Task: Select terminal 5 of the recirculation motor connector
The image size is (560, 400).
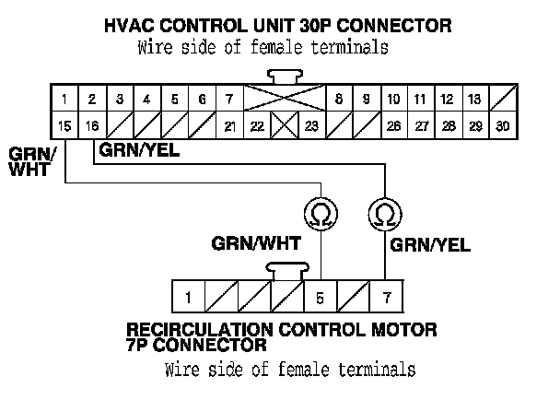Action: coord(320,298)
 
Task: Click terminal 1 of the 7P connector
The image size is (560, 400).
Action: coord(187,298)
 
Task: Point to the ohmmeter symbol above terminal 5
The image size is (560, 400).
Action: coord(320,216)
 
